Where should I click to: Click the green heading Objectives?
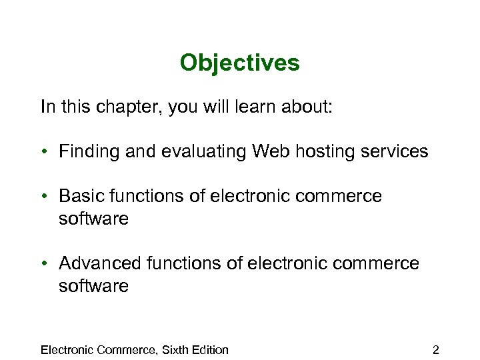(239, 63)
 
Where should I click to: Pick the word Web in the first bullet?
(268, 152)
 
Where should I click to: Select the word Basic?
(78, 197)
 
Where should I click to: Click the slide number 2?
(435, 350)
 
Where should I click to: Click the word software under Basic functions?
(93, 219)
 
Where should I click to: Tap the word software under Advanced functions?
(93, 287)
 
